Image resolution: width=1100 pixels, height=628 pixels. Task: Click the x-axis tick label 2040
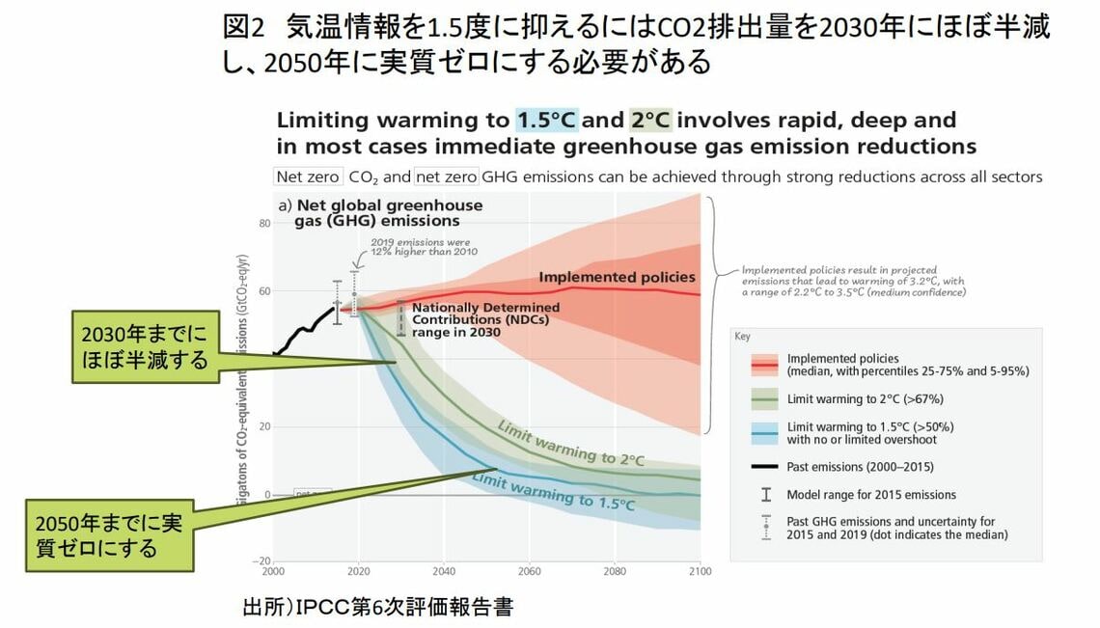(443, 571)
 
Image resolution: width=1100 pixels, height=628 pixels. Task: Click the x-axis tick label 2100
(700, 571)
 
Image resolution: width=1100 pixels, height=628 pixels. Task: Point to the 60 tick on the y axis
(265, 291)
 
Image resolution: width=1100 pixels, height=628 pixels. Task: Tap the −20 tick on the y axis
(262, 561)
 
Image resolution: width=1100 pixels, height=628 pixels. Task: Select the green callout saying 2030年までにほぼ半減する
(145, 347)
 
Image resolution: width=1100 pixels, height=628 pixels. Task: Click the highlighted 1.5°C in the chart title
(545, 121)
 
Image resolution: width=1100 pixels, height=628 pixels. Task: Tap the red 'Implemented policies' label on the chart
(617, 277)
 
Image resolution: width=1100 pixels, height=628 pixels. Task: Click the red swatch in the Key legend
(764, 364)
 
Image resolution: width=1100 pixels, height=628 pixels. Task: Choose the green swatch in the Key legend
(764, 398)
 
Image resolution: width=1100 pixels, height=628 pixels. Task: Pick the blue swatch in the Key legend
(764, 432)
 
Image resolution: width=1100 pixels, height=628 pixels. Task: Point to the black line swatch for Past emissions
(764, 467)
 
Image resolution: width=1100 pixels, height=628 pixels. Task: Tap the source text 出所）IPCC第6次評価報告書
(377, 608)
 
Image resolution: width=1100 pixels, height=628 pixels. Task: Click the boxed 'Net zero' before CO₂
(308, 177)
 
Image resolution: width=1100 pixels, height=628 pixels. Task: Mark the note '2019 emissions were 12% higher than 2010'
(424, 246)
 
